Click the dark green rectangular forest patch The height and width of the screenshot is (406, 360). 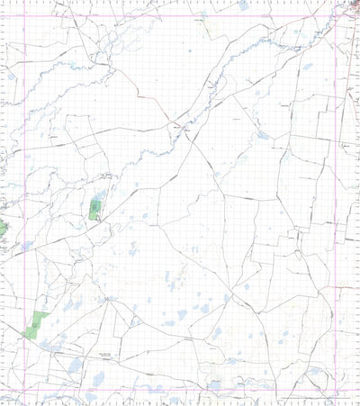94,211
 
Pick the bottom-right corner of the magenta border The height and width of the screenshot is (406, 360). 338,396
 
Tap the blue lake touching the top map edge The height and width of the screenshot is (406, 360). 243,5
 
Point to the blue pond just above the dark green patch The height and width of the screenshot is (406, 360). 101,194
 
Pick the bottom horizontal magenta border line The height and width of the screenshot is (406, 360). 180,396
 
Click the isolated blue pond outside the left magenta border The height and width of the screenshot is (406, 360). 11,77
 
